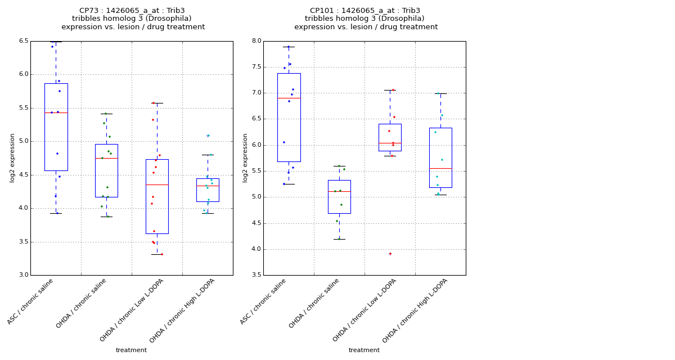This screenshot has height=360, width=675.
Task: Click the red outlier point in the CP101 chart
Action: pyautogui.click(x=390, y=254)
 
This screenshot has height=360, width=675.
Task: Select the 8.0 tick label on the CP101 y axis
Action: pyautogui.click(x=256, y=41)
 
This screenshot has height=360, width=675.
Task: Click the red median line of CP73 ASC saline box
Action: pyautogui.click(x=56, y=112)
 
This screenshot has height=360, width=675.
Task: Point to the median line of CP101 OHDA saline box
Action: pyautogui.click(x=339, y=191)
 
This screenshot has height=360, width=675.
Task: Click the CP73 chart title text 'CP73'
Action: pyautogui.click(x=89, y=11)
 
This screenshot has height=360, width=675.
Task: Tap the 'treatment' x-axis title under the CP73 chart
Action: pyautogui.click(x=131, y=350)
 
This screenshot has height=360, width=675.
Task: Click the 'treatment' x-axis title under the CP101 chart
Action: pyautogui.click(x=364, y=350)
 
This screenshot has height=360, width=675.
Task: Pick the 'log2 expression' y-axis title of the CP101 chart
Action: pyautogui.click(x=245, y=157)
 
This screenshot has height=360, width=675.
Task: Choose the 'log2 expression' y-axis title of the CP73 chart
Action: pyautogui.click(x=12, y=157)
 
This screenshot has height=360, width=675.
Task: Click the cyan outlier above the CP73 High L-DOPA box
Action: pyautogui.click(x=208, y=136)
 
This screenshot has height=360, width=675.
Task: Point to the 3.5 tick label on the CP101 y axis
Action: pyautogui.click(x=256, y=275)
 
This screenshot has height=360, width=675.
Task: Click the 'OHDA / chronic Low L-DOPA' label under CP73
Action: pyautogui.click(x=132, y=309)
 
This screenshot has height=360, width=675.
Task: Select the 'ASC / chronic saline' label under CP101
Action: pyautogui.click(x=264, y=301)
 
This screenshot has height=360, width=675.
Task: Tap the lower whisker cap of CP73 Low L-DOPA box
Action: pyautogui.click(x=157, y=254)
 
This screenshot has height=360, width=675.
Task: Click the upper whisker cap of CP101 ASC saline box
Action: pyautogui.click(x=289, y=47)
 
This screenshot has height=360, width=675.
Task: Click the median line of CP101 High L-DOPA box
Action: pyautogui.click(x=440, y=168)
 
